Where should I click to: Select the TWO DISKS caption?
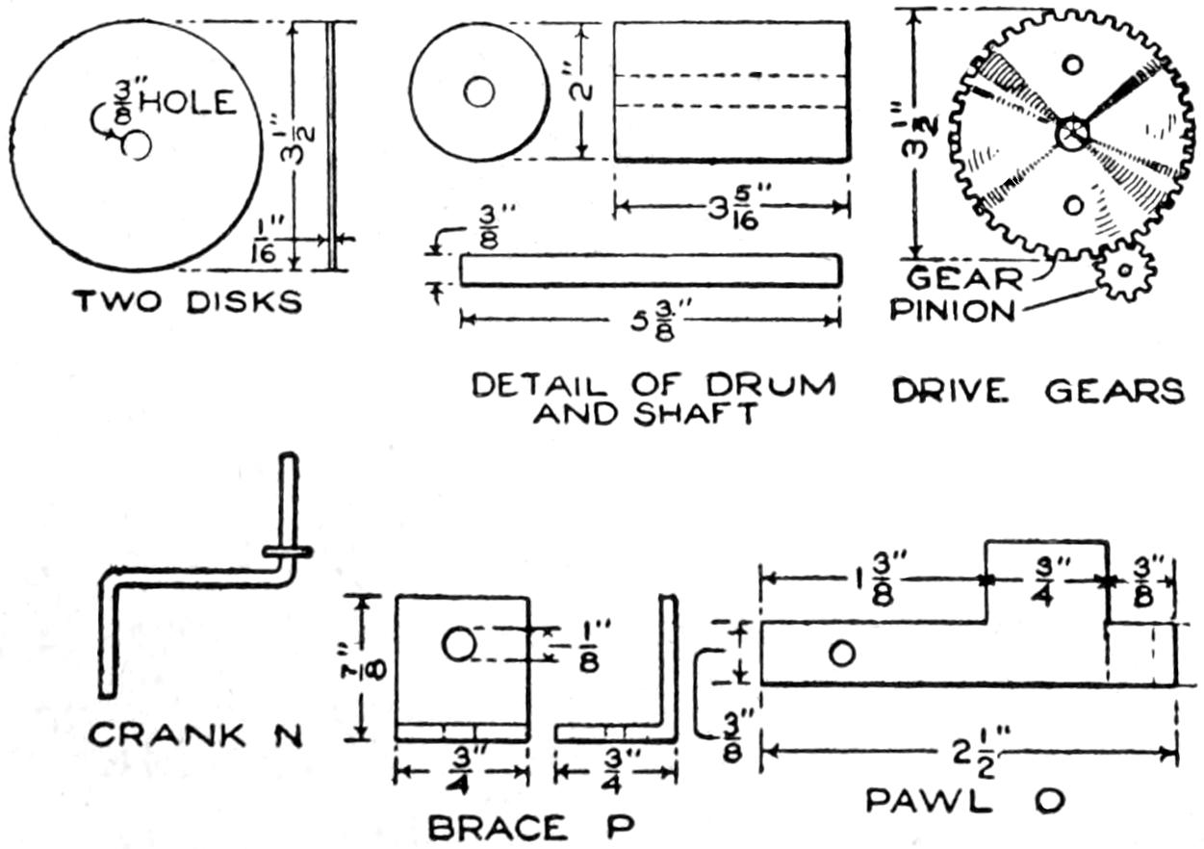click(189, 301)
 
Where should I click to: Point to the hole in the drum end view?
click(478, 92)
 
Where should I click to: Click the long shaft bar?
click(651, 270)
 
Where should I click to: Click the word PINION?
click(952, 311)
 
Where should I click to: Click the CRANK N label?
click(195, 736)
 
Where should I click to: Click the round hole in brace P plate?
click(458, 645)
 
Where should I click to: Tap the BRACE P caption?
click(530, 827)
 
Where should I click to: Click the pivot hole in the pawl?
click(841, 654)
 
